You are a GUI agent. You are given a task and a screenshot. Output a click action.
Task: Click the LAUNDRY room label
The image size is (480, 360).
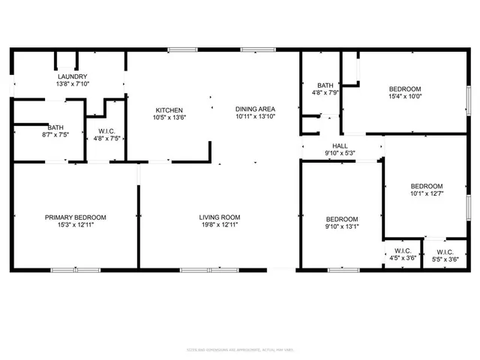tap(73, 76)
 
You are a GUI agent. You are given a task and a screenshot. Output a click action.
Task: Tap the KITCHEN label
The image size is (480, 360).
tap(169, 109)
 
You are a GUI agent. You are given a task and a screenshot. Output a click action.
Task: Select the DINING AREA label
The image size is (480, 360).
tap(255, 109)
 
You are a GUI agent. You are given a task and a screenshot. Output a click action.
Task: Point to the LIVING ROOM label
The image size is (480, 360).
tap(219, 217)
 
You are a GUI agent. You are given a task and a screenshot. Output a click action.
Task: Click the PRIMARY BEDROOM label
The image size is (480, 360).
tap(75, 217)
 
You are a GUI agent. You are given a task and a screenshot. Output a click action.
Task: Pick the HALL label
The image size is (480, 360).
tap(340, 145)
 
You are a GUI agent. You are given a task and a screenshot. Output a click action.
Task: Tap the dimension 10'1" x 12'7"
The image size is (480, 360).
tap(426, 195)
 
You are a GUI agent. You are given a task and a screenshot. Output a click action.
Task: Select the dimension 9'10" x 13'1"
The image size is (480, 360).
tap(340, 226)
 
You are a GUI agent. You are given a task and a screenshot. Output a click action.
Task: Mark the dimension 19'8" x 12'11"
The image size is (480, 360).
tap(219, 226)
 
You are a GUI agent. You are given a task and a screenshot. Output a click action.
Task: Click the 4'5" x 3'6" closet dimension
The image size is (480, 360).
tap(403, 259)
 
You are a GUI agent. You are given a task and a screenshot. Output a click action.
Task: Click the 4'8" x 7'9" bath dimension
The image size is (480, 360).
tap(325, 93)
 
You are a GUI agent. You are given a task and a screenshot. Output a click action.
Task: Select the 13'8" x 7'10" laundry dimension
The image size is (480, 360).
tap(73, 84)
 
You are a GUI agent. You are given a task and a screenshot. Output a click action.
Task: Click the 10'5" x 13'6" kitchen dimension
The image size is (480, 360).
tap(169, 117)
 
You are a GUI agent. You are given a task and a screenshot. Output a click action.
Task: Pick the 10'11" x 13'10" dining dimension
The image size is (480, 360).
tap(255, 117)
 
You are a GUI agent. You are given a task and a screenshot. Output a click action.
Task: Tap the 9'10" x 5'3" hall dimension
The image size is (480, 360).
tap(340, 153)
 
